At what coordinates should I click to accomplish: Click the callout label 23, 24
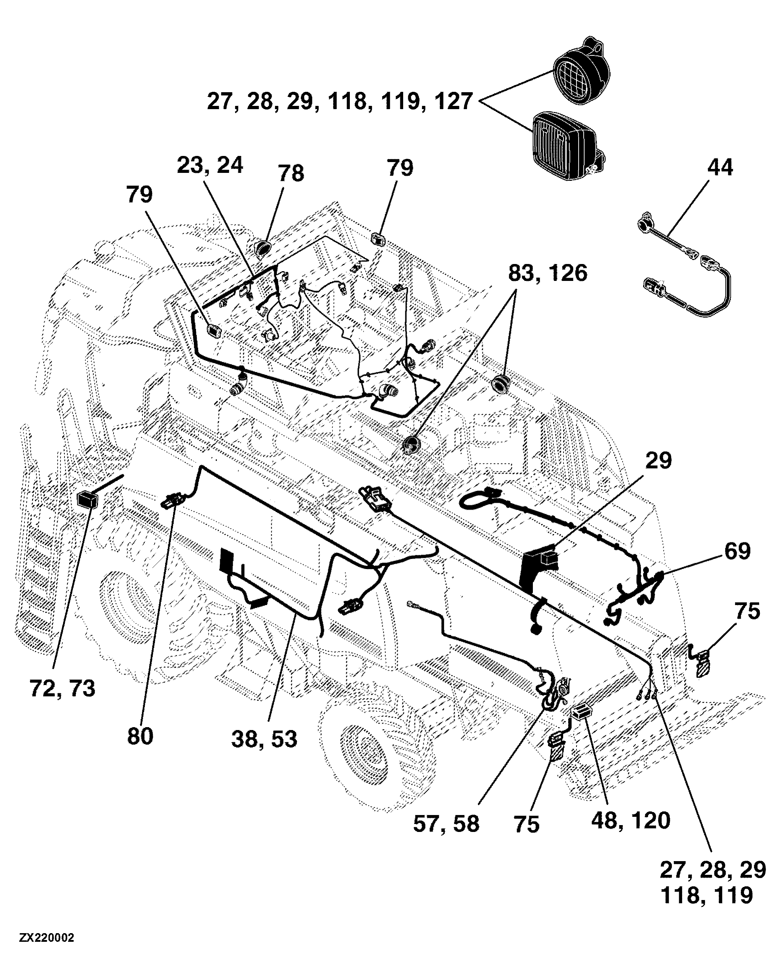[x=210, y=165]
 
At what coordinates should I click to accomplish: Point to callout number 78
[x=291, y=173]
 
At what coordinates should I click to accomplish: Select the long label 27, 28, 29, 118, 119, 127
[x=340, y=101]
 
